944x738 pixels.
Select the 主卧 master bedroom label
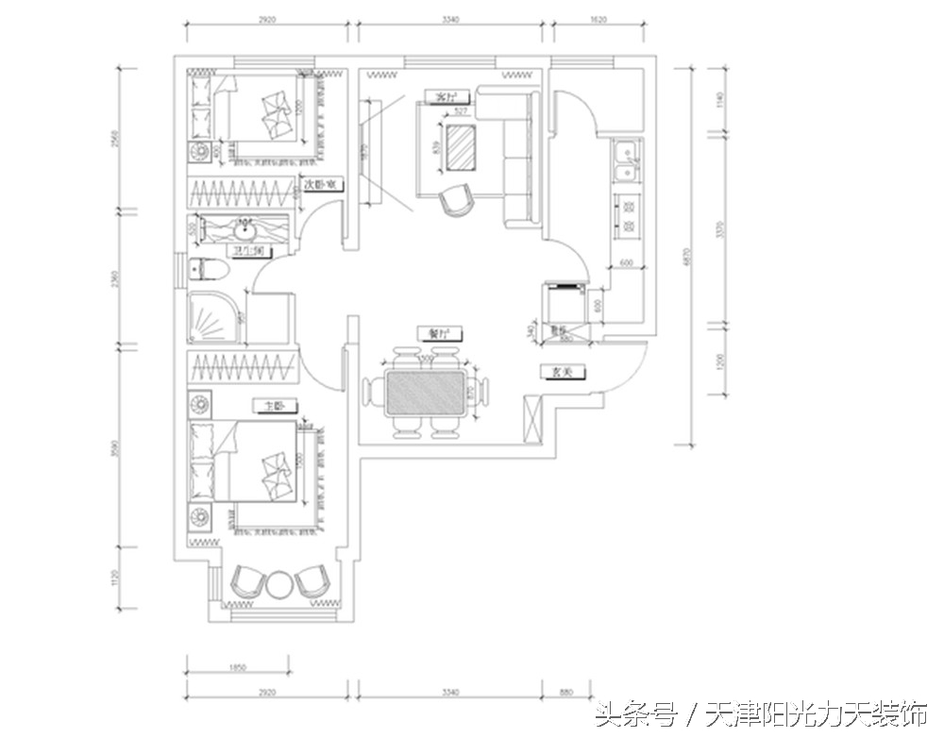(274, 406)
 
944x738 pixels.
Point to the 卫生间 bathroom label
(253, 251)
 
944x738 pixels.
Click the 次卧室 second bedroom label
(321, 185)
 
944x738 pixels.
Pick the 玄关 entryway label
(563, 373)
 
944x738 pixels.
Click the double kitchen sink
(625, 161)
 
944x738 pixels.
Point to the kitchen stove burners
(625, 216)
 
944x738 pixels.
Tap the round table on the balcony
(278, 585)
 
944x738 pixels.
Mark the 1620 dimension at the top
(598, 19)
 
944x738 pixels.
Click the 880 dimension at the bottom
(565, 693)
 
